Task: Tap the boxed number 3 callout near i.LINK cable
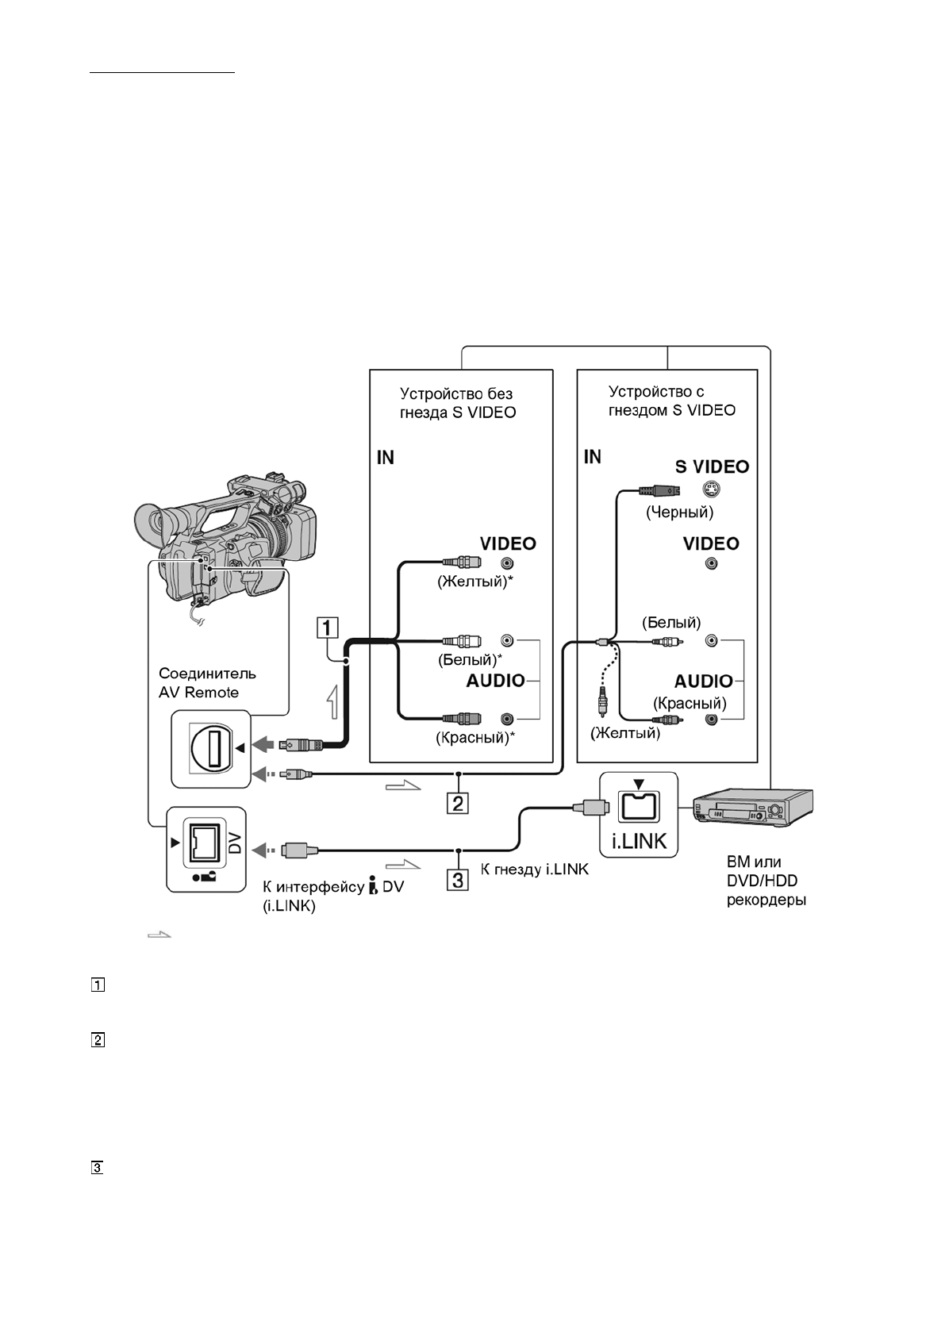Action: click(458, 879)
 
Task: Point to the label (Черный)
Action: click(679, 513)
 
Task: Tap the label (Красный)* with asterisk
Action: click(475, 737)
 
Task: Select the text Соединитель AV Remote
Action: click(207, 682)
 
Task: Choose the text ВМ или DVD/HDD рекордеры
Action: click(766, 881)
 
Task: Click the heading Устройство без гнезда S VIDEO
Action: click(457, 403)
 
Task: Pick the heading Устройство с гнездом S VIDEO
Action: click(671, 401)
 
